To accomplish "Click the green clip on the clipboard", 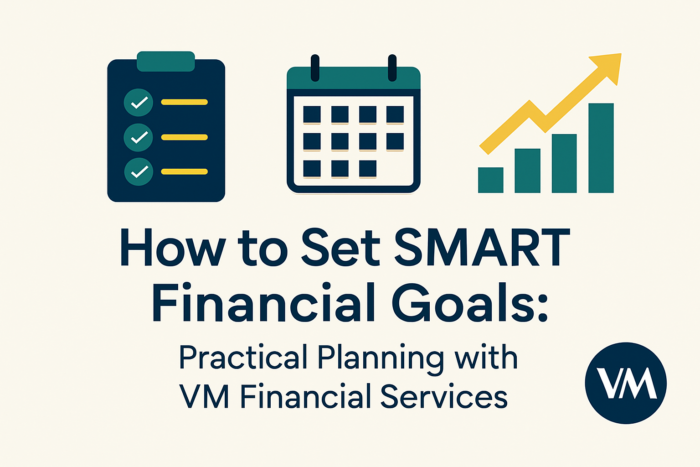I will [x=166, y=62].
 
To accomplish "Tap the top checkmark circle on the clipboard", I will [x=138, y=102].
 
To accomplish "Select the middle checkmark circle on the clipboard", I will [x=138, y=137].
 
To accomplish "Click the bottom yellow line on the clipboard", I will [x=185, y=172].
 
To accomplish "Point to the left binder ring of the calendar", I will [x=314, y=68].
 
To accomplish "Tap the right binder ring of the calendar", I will [x=392, y=68].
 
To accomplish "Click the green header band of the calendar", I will [x=353, y=78].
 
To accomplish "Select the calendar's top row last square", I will [x=395, y=114].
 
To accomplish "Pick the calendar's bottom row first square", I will [x=312, y=169].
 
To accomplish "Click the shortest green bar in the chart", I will [x=490, y=180].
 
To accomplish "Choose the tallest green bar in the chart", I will [x=601, y=148].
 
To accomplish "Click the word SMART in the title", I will [x=482, y=247].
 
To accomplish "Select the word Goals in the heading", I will [x=469, y=303].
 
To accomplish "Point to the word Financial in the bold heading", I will [x=264, y=303].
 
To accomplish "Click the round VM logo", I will [x=626, y=383].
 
